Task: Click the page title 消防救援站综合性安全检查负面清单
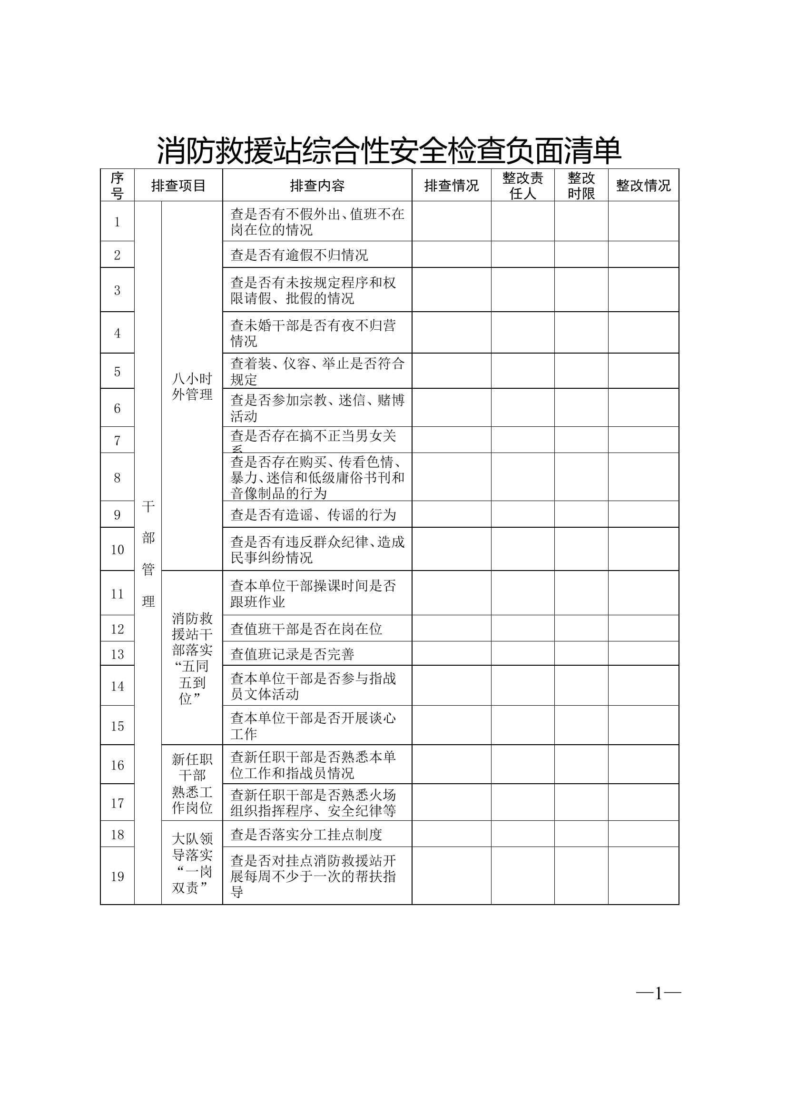coord(389,151)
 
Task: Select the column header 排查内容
coord(317,185)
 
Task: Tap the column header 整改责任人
coord(522,185)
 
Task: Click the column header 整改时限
coord(581,185)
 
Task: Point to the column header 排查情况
coord(451,185)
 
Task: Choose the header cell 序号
coord(117,185)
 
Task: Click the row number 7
coord(117,441)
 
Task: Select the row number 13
coord(117,654)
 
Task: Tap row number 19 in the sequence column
coord(117,877)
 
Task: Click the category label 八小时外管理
coord(192,386)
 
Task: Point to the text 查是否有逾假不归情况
coord(299,255)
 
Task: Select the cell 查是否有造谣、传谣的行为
coord(313,515)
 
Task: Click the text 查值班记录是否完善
coord(292,654)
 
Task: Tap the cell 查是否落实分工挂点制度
coord(306,834)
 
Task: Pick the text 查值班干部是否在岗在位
coord(306,629)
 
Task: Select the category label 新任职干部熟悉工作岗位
coord(192,783)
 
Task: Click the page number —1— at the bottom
coord(658,994)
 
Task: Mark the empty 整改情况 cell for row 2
coord(643,255)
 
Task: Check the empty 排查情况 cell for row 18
coord(451,834)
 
